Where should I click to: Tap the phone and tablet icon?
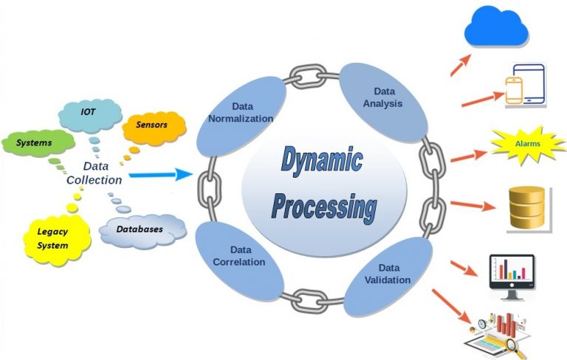[x=525, y=86]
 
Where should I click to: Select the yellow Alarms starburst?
[x=527, y=143]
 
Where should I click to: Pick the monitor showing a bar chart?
[x=512, y=275]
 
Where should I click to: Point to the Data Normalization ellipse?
[x=241, y=112]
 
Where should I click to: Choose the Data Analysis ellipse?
[x=382, y=98]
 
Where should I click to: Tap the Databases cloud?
[x=141, y=229]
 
